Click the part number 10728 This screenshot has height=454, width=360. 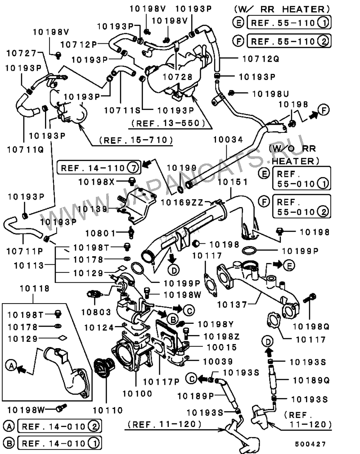(x=177, y=77)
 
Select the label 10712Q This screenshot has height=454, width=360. (x=261, y=59)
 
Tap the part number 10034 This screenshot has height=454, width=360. (x=228, y=140)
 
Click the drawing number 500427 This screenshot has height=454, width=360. (x=310, y=444)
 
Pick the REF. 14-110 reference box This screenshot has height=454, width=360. (x=99, y=168)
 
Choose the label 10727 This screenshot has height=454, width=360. (x=22, y=53)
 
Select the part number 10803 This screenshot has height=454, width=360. (x=96, y=312)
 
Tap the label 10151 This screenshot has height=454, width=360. (x=233, y=182)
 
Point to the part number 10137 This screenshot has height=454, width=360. (x=232, y=304)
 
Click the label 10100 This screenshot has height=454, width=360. (x=137, y=394)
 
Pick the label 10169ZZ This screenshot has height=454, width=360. (x=182, y=202)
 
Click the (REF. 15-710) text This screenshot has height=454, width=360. (x=136, y=140)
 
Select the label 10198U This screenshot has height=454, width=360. (x=270, y=94)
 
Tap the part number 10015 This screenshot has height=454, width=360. (x=222, y=347)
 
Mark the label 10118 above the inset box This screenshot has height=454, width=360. (x=35, y=288)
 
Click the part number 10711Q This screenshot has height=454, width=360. (x=25, y=150)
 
